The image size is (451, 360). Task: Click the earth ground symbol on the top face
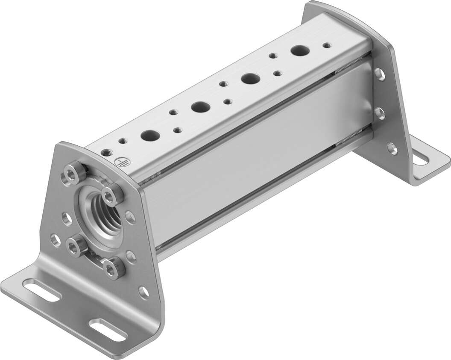pyautogui.click(x=119, y=162)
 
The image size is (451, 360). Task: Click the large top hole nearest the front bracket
pyautogui.click(x=150, y=135)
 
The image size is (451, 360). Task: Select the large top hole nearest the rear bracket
pyautogui.click(x=300, y=50)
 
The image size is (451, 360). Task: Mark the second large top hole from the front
pyautogui.click(x=199, y=106)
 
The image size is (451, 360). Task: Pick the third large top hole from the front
pyautogui.click(x=250, y=78)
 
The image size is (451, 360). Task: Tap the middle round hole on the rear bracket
pyautogui.click(x=380, y=113)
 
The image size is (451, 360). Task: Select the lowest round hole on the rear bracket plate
pyautogui.click(x=392, y=148)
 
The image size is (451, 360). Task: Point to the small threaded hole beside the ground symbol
pyautogui.click(x=105, y=152)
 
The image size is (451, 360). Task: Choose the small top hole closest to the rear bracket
pyautogui.click(x=326, y=44)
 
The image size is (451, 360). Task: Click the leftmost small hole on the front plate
pyautogui.click(x=55, y=240)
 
